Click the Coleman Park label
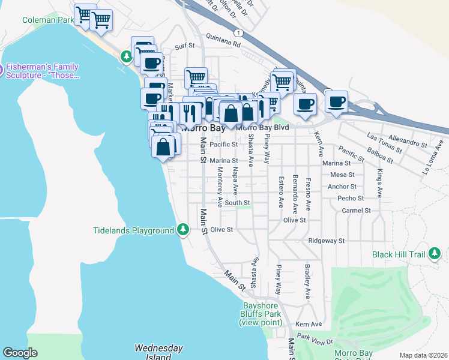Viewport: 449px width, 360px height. pyautogui.click(x=48, y=20)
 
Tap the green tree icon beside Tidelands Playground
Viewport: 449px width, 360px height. pyautogui.click(x=184, y=230)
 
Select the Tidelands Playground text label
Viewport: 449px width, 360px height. pyautogui.click(x=134, y=230)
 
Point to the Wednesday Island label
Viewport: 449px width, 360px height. pyautogui.click(x=158, y=352)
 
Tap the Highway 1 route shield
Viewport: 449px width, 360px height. pyautogui.click(x=239, y=32)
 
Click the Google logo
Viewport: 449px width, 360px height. pyautogui.click(x=20, y=353)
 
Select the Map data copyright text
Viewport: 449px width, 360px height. pyautogui.click(x=423, y=355)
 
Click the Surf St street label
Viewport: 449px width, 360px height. pyautogui.click(x=185, y=46)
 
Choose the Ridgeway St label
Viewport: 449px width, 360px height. pyautogui.click(x=326, y=241)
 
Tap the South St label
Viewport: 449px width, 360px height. pyautogui.click(x=237, y=203)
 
